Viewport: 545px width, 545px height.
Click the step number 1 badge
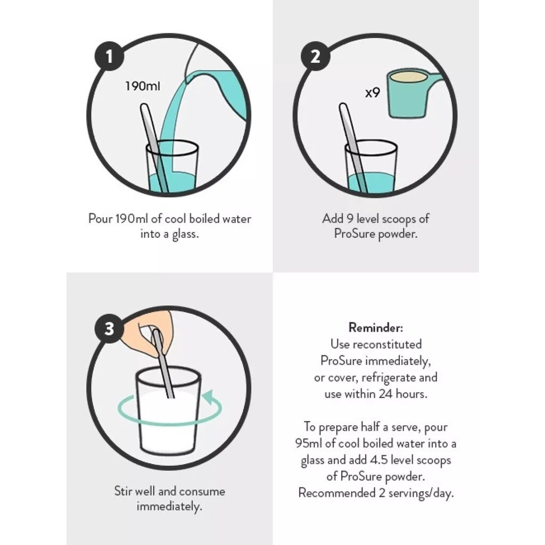pyautogui.click(x=109, y=56)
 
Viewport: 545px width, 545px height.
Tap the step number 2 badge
pyautogui.click(x=315, y=56)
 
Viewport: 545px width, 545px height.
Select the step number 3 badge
pyautogui.click(x=109, y=328)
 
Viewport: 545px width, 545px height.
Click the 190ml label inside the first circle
pyautogui.click(x=143, y=86)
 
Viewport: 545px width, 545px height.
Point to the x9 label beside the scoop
pyautogui.click(x=372, y=93)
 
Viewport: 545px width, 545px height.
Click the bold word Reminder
pyautogui.click(x=375, y=327)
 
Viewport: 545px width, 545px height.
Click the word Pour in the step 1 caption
pyautogui.click(x=101, y=219)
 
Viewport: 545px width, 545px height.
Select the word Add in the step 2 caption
pyautogui.click(x=332, y=219)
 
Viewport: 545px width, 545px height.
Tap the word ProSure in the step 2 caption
pyautogui.click(x=354, y=234)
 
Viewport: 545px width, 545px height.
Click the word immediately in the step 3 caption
pyautogui.click(x=169, y=507)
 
